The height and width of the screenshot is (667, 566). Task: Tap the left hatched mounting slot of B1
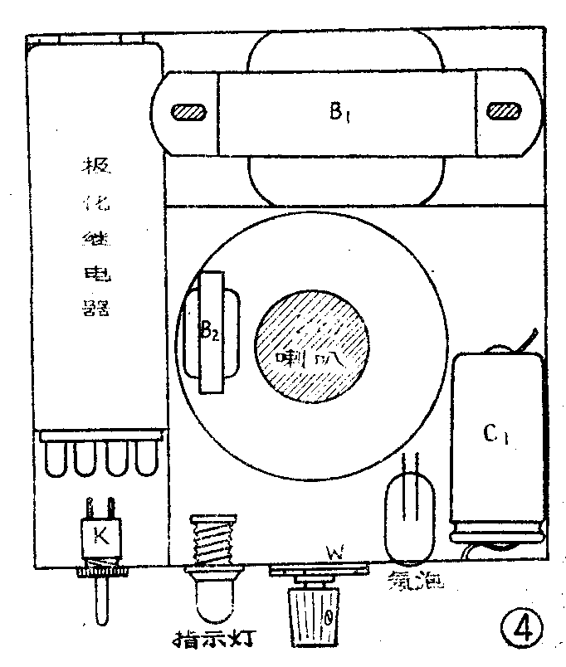(x=189, y=112)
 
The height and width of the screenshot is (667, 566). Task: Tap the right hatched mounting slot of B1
(x=503, y=111)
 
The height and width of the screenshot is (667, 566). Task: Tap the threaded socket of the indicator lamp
(x=207, y=539)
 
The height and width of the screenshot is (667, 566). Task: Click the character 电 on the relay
(x=95, y=273)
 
